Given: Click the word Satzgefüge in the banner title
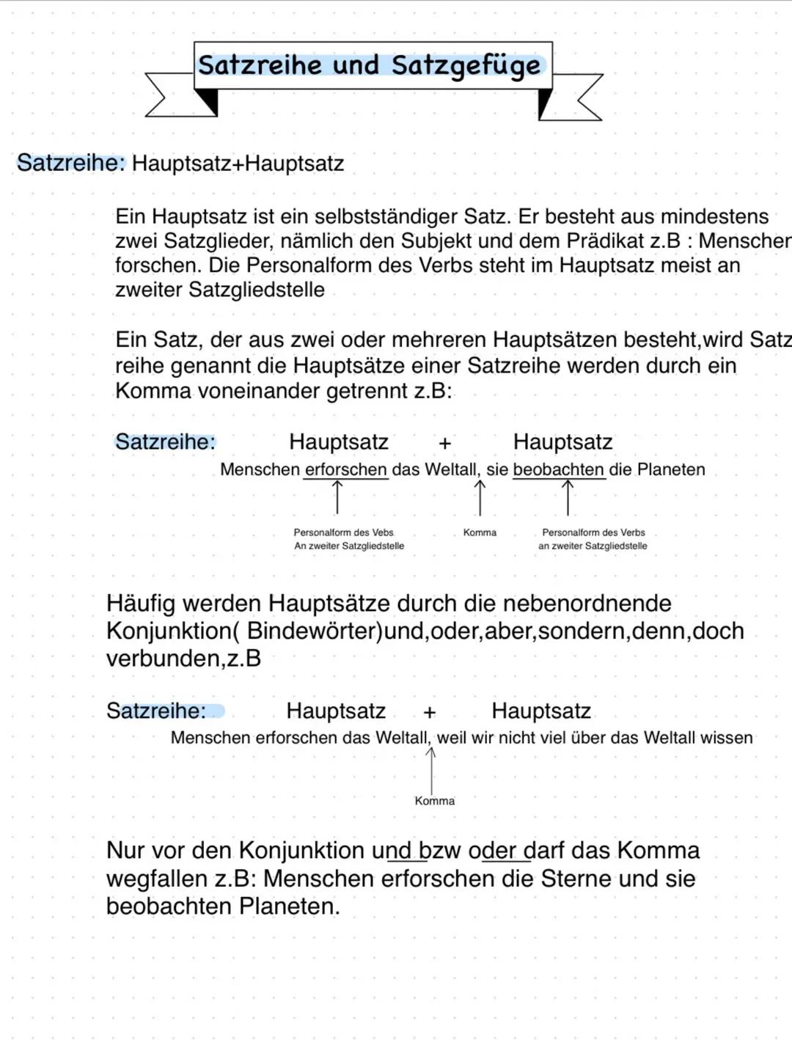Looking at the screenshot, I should point(466,66).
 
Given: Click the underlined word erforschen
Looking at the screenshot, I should point(345,469).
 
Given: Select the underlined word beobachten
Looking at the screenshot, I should point(558,469).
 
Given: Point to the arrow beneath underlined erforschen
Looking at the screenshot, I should point(337,497).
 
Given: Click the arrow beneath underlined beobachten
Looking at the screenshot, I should point(568,497).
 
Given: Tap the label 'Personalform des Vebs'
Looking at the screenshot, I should point(343,532).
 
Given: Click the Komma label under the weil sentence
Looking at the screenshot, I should point(434,801).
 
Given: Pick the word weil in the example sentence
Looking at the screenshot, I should point(452,738).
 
